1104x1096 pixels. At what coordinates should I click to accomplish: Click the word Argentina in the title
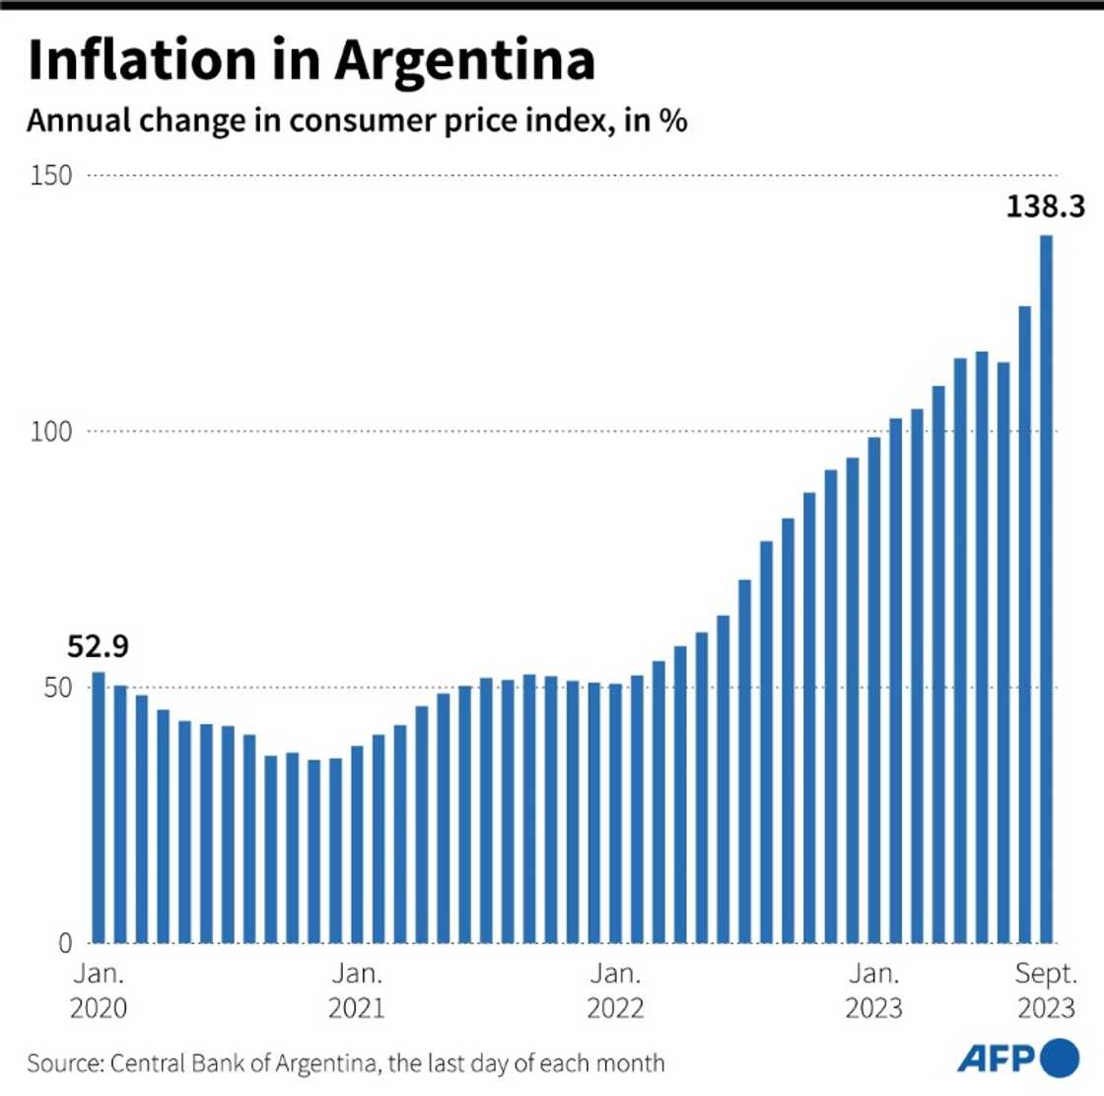pos(464,61)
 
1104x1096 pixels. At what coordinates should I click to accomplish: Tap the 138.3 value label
pos(1045,206)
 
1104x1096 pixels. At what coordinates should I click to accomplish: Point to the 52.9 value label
pos(98,647)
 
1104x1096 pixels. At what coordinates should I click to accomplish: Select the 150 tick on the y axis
pos(51,176)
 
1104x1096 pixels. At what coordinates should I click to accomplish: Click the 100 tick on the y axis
pos(51,432)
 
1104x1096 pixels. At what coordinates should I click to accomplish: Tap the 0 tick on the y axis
pos(65,943)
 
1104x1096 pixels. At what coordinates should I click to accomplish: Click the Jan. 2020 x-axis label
pos(99,990)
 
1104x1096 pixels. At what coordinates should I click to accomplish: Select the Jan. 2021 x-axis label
pos(357,990)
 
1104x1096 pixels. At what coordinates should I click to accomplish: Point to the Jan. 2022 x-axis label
pos(615,990)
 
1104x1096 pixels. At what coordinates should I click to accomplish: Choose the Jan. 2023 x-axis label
pos(873,990)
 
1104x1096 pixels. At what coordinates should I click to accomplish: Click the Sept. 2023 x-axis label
pos(1046,990)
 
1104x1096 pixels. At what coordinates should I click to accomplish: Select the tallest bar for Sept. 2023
pos(1046,592)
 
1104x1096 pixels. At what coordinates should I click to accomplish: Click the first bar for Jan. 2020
pos(99,809)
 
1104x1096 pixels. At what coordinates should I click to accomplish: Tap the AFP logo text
pos(996,1059)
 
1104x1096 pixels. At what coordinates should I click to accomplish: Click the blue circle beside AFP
pos(1060,1058)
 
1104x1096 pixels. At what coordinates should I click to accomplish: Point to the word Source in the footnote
pos(63,1063)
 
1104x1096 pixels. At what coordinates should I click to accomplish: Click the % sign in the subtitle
pos(673,121)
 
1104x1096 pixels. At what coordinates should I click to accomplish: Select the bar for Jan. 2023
pos(873,691)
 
